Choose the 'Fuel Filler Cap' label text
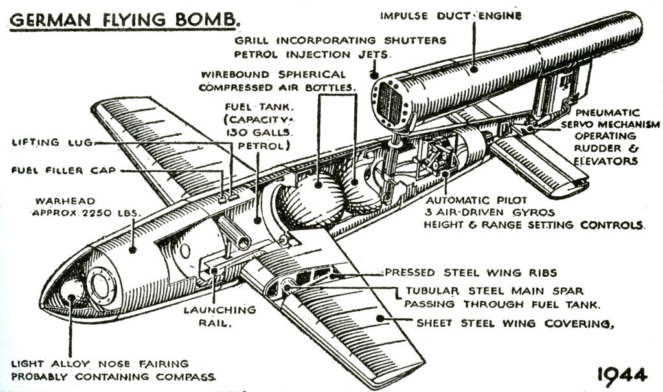click(x=62, y=170)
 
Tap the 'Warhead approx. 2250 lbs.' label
click(x=87, y=205)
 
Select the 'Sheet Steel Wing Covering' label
click(x=514, y=321)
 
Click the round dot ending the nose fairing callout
click(x=70, y=298)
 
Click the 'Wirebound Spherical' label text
click(x=273, y=74)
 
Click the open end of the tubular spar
click(x=245, y=242)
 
